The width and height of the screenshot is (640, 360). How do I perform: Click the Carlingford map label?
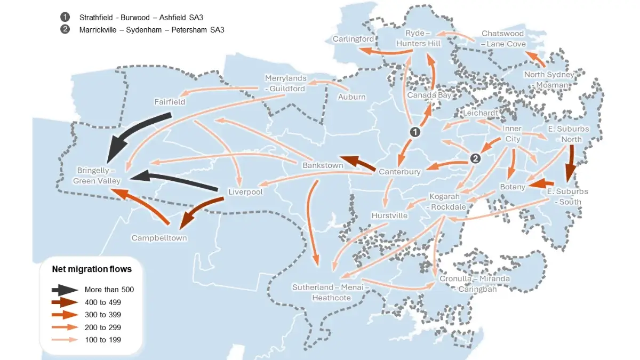pos(353,39)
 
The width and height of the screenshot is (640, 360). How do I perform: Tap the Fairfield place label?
pos(170,101)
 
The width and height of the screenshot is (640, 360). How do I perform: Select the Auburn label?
pos(352,97)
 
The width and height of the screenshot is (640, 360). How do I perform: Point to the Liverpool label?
pos(245,191)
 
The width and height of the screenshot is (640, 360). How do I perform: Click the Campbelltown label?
pos(159,238)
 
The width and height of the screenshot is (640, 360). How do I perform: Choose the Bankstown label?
pos(323,165)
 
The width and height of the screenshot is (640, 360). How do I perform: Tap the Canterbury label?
pos(399,172)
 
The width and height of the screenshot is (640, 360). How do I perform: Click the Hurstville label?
pos(389,215)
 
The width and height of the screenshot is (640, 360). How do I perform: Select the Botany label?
pos(513,187)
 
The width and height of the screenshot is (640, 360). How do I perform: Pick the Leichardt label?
pos(481,113)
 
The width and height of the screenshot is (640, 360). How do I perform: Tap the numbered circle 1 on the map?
pos(414,131)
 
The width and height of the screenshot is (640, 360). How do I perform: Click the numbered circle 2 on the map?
pos(476,158)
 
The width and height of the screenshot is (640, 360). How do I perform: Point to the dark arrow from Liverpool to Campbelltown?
pos(202,211)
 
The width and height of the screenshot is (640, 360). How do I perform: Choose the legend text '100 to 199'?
pos(103,339)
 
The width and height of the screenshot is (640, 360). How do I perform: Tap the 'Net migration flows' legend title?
pos(92,269)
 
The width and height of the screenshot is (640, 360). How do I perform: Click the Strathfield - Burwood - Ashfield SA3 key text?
pos(141,17)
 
